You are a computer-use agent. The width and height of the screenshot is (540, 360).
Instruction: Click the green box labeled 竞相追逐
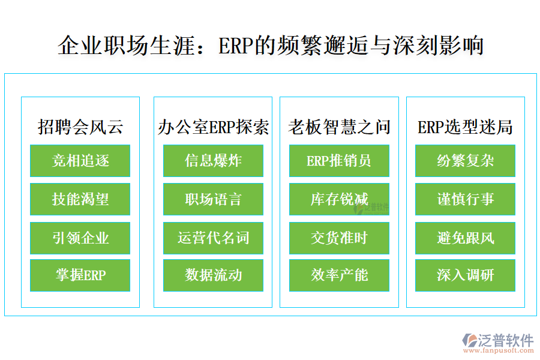coord(80,161)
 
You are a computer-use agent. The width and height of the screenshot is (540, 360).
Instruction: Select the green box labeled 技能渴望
coord(80,199)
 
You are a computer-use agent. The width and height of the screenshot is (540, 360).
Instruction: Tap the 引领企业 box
coord(80,238)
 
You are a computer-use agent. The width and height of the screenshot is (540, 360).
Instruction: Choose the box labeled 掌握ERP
coord(80,275)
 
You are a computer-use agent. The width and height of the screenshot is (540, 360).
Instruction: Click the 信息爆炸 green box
coord(213,161)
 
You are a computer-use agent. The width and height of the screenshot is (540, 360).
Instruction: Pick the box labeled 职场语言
coord(213,199)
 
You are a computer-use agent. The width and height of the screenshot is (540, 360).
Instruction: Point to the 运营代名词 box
coord(213,238)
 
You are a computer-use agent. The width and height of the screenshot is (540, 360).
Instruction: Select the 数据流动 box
coord(213,275)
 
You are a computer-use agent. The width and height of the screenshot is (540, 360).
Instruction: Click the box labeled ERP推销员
coord(339,161)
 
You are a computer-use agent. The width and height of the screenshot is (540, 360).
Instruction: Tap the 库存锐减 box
coord(339,199)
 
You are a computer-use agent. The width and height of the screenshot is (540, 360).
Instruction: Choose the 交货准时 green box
coord(339,238)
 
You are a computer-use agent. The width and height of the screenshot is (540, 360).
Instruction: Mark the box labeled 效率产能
coord(339,275)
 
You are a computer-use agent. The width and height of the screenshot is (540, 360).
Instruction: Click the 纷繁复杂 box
coord(465,161)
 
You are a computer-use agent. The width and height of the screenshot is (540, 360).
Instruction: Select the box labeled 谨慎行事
coord(465,199)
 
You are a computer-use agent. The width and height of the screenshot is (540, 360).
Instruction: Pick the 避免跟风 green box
coord(465,238)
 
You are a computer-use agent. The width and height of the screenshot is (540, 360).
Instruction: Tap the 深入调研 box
coord(465,275)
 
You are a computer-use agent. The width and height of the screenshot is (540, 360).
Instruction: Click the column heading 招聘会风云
coord(80,127)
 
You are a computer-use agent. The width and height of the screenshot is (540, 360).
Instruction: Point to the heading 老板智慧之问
coord(339,127)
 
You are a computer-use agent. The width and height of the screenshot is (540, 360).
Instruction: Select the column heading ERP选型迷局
coord(465,127)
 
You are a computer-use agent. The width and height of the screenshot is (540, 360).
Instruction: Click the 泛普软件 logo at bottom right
coord(497,342)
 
